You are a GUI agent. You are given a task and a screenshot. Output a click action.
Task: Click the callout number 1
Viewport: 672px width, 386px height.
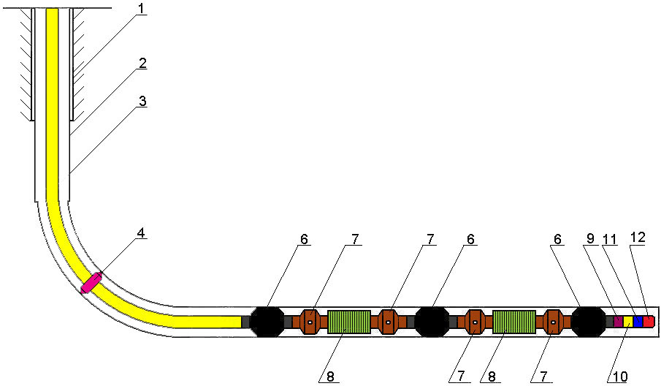(141, 8)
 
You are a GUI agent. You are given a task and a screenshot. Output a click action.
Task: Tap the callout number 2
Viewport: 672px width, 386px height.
(142, 64)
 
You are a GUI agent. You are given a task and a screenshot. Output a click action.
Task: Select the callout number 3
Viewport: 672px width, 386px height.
(142, 101)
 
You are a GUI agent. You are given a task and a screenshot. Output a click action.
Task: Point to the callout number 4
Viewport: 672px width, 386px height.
(141, 233)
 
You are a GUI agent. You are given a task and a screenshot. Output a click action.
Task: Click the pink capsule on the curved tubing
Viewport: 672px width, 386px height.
(92, 283)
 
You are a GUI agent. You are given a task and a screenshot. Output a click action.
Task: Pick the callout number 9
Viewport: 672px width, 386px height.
(591, 238)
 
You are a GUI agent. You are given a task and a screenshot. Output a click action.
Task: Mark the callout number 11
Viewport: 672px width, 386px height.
(609, 238)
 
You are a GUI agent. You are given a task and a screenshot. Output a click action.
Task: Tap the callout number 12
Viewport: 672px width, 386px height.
(638, 237)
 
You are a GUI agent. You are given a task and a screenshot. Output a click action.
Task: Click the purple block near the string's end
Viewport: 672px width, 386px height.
(618, 322)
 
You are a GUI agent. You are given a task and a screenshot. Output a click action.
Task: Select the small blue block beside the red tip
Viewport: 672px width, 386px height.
(638, 322)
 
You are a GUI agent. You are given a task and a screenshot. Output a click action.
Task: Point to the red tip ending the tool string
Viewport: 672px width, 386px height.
(649, 322)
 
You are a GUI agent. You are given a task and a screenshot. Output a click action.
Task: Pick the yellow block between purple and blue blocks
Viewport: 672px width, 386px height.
(628, 322)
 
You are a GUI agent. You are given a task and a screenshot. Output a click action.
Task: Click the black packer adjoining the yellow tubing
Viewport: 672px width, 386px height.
(267, 322)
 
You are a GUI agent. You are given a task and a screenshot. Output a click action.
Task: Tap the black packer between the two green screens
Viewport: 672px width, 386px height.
(432, 322)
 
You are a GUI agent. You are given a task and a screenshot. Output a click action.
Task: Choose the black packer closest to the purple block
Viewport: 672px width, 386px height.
(589, 322)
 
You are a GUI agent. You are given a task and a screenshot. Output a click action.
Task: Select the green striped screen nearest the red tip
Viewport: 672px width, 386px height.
(513, 322)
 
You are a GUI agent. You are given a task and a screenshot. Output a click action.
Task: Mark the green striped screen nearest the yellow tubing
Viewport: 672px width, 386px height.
(349, 322)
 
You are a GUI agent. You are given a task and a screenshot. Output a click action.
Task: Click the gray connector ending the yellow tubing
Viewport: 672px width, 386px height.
(245, 322)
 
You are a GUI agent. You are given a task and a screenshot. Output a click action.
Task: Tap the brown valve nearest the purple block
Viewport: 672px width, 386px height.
(553, 322)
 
